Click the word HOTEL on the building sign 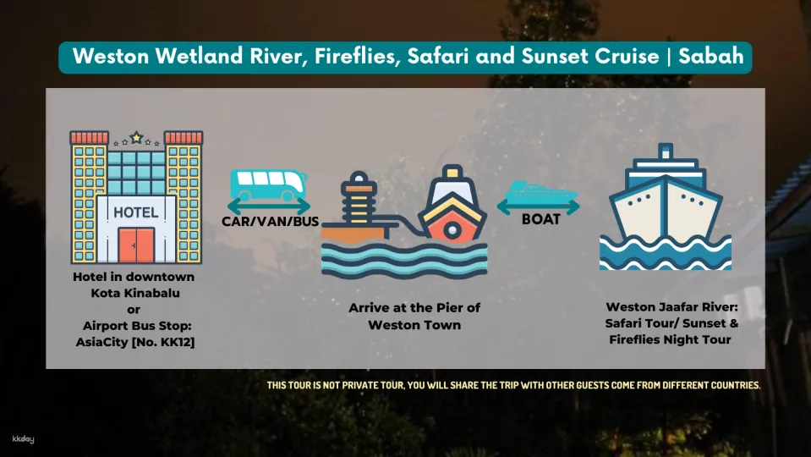136,212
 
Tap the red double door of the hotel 136,245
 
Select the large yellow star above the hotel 136,138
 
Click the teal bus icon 268,184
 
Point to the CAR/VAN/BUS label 270,222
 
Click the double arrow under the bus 268,206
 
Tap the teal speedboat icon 541,193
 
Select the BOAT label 541,219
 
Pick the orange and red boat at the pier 452,205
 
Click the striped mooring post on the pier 359,198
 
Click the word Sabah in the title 711,56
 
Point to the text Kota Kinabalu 135,293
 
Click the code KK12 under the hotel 175,342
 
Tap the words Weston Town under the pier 414,325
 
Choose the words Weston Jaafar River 671,307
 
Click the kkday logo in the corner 24,439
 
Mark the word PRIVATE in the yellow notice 360,385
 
